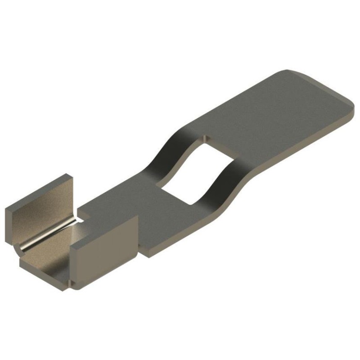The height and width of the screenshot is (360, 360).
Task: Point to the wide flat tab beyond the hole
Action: (x=270, y=112)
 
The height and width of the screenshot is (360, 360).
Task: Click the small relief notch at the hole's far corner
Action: (x=206, y=136)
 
